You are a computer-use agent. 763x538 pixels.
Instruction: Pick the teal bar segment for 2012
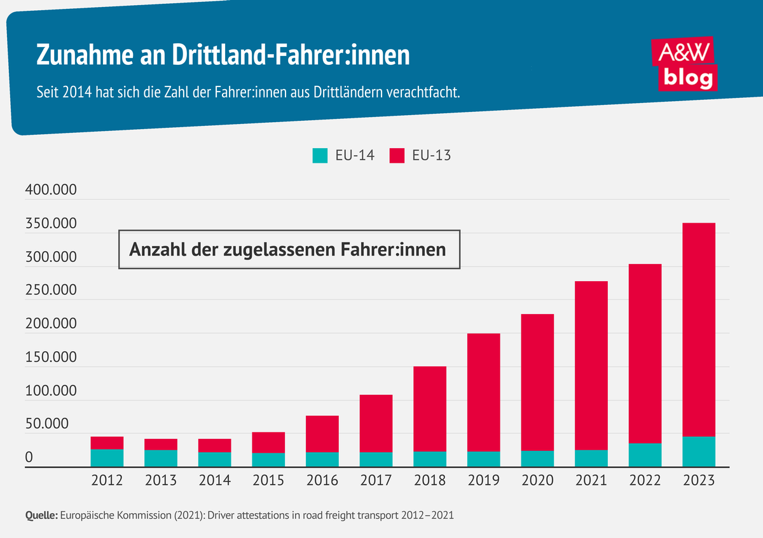coord(107,458)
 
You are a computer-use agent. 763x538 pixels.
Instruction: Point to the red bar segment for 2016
coord(322,434)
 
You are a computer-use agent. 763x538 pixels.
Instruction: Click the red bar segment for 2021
coord(591,366)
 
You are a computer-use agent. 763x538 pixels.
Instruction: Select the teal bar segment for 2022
coord(645,455)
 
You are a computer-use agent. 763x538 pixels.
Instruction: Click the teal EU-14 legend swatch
coord(320,155)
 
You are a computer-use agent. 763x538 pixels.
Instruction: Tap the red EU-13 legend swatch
coord(397,155)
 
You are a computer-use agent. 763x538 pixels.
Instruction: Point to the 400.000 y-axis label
coord(50,190)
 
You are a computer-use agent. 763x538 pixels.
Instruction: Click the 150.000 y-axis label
coord(50,357)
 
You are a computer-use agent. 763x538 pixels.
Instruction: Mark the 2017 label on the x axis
coord(376,481)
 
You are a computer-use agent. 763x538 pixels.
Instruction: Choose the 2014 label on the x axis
coord(215,481)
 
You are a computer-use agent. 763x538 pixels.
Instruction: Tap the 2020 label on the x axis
coord(537,481)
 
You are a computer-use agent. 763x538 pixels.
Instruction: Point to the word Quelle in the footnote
coord(41,516)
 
